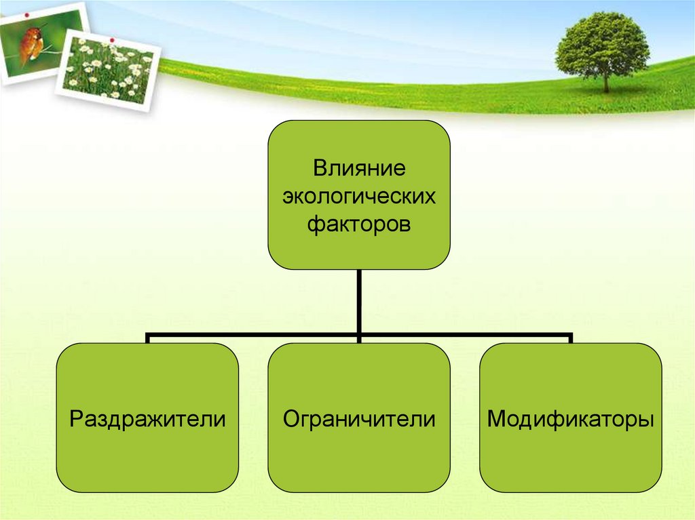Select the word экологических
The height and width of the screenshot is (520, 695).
358,196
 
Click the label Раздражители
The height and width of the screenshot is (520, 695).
147,418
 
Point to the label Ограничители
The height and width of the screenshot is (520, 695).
358,418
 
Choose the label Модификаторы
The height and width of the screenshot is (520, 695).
571,418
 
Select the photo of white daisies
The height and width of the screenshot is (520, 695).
109,72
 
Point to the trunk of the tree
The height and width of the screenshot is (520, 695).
605,83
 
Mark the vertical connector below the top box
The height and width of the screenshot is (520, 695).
358,302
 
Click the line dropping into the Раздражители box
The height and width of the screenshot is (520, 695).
147,338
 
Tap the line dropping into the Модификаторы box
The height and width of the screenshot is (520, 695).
571,338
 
